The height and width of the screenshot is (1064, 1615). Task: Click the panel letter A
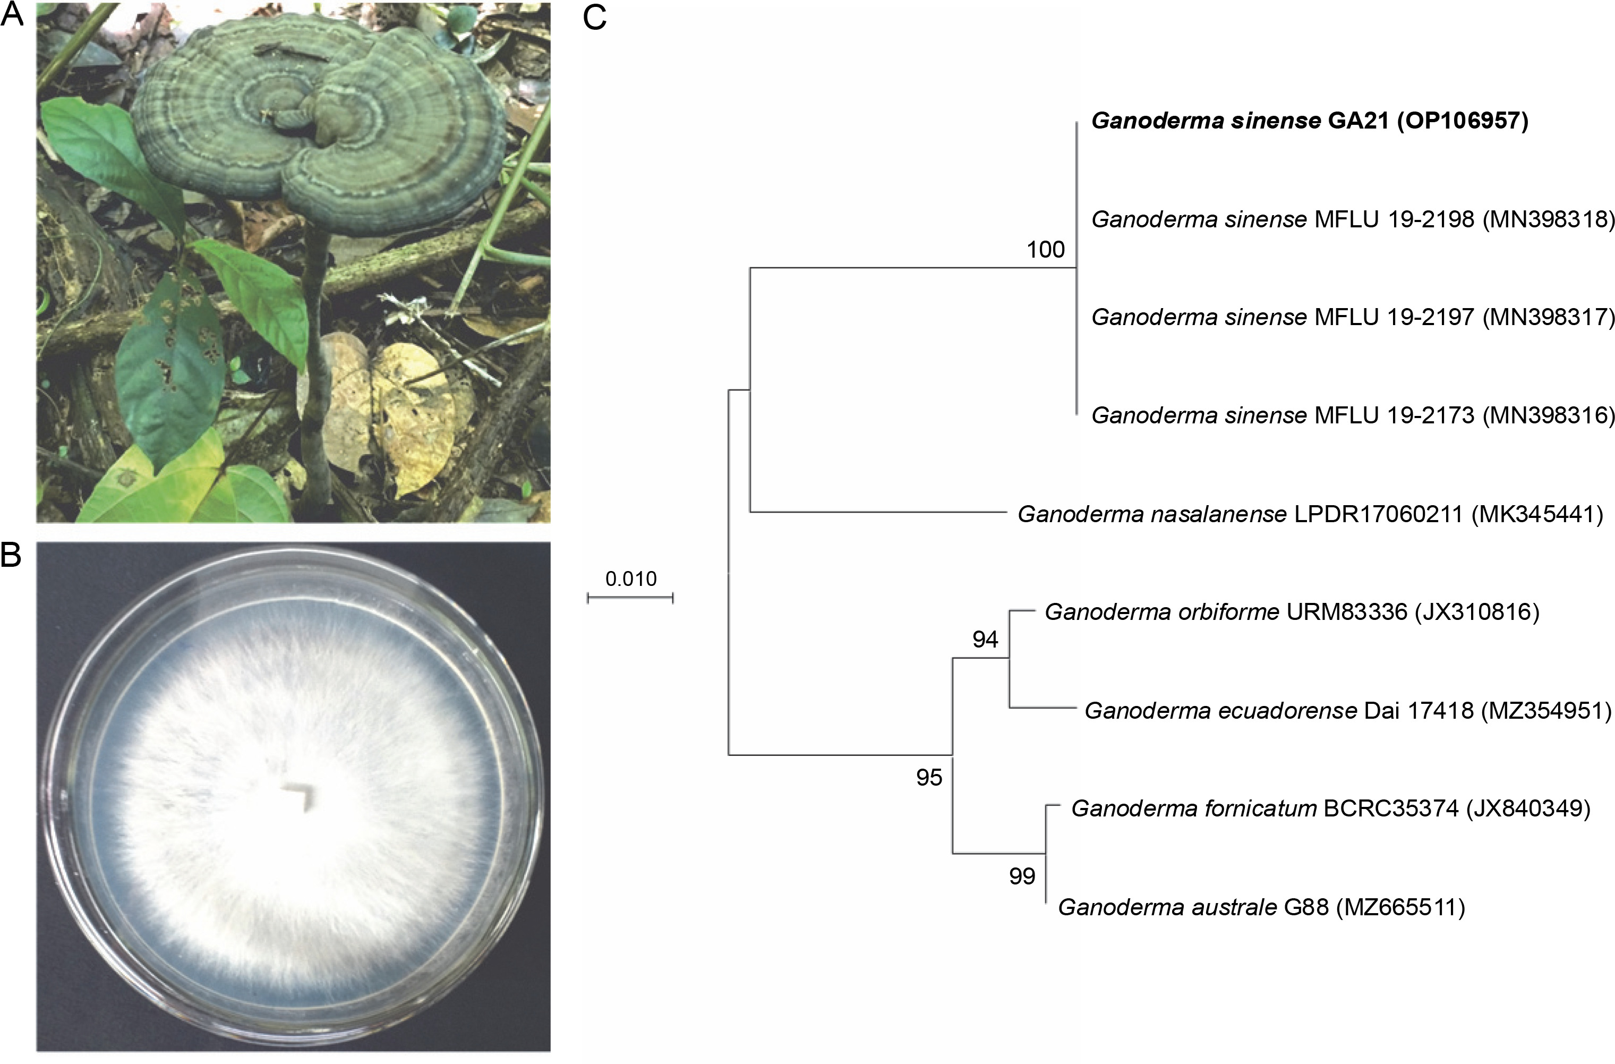12,15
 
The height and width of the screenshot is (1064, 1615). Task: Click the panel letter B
12,555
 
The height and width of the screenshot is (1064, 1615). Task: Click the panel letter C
594,18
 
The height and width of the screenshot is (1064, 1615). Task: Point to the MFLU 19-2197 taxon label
1395,317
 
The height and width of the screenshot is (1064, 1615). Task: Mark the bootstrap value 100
1045,250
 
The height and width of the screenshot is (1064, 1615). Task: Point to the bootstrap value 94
985,639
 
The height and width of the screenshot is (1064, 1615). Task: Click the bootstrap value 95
929,778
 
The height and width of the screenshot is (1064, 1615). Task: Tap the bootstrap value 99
1022,876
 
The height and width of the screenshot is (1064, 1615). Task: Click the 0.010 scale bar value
630,579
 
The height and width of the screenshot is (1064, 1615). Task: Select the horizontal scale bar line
630,598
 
